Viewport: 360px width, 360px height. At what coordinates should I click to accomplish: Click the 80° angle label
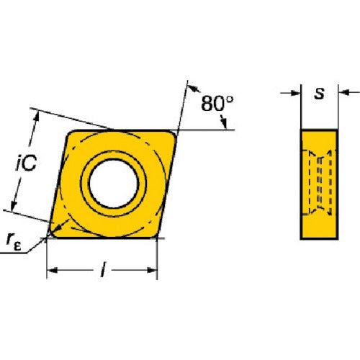pos(217,104)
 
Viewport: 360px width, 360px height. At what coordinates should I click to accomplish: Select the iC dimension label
pos(27,165)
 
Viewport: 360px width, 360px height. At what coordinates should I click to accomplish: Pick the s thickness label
pos(319,92)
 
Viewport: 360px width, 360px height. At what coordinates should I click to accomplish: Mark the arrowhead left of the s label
pos(294,92)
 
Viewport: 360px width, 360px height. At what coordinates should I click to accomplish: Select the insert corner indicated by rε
pos(51,234)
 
